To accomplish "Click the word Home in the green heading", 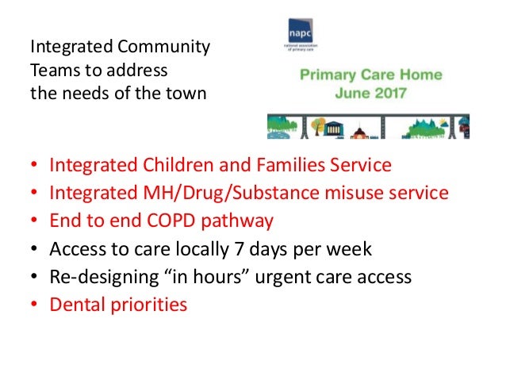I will (420, 76).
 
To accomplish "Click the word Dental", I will (75, 304).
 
